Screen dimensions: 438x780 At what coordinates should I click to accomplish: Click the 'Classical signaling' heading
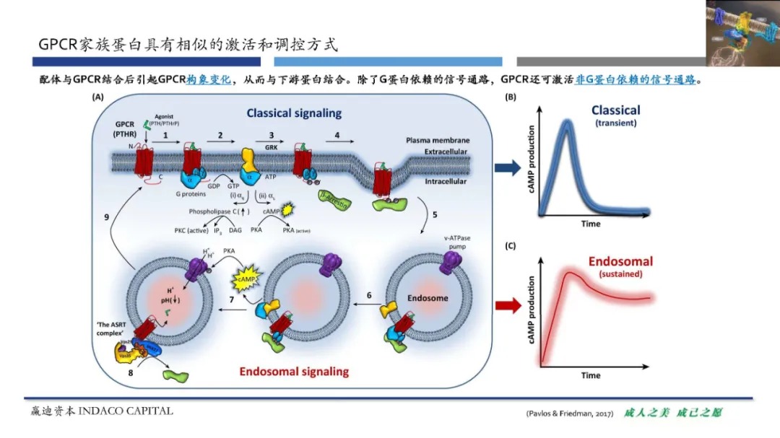point(294,113)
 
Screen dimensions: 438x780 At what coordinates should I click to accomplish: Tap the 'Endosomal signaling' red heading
point(294,372)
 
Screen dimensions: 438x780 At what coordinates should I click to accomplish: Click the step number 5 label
point(435,215)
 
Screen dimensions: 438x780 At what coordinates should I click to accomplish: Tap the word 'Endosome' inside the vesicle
point(427,298)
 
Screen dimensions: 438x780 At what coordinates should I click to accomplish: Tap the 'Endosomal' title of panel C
point(620,262)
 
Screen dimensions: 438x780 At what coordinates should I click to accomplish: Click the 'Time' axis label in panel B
point(591,224)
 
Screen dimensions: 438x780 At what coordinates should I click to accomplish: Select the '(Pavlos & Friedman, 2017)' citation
point(569,413)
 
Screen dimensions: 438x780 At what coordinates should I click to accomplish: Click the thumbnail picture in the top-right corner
point(742,33)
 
